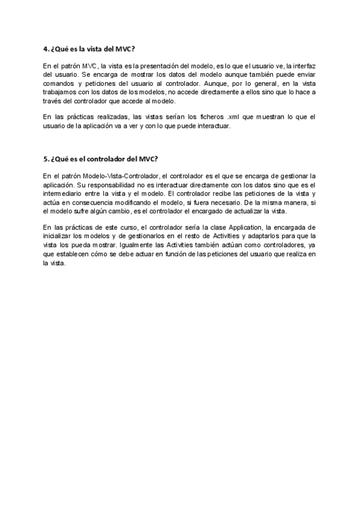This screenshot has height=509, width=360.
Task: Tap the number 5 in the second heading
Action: click(x=46, y=159)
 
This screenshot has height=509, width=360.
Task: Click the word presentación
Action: click(x=161, y=65)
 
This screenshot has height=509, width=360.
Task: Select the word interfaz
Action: click(x=305, y=65)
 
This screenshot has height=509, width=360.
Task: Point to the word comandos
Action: click(x=58, y=83)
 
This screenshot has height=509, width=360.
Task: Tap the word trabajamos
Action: click(x=61, y=92)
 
